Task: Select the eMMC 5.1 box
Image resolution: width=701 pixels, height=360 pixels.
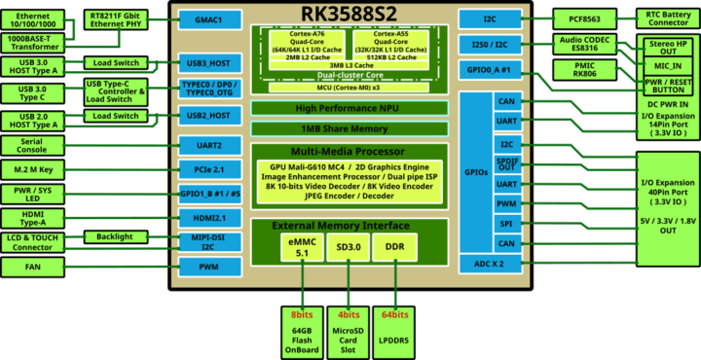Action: pos(301,248)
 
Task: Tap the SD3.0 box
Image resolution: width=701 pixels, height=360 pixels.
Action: pos(349,248)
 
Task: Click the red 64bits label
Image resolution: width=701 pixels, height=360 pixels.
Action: pos(396,315)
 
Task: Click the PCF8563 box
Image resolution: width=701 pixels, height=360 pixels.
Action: pos(582,18)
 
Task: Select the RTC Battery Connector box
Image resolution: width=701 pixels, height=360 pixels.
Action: pos(667,18)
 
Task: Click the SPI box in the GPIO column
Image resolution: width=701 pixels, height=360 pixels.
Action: pos(505,223)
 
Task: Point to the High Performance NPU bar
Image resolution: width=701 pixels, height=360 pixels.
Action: pos(349,108)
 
